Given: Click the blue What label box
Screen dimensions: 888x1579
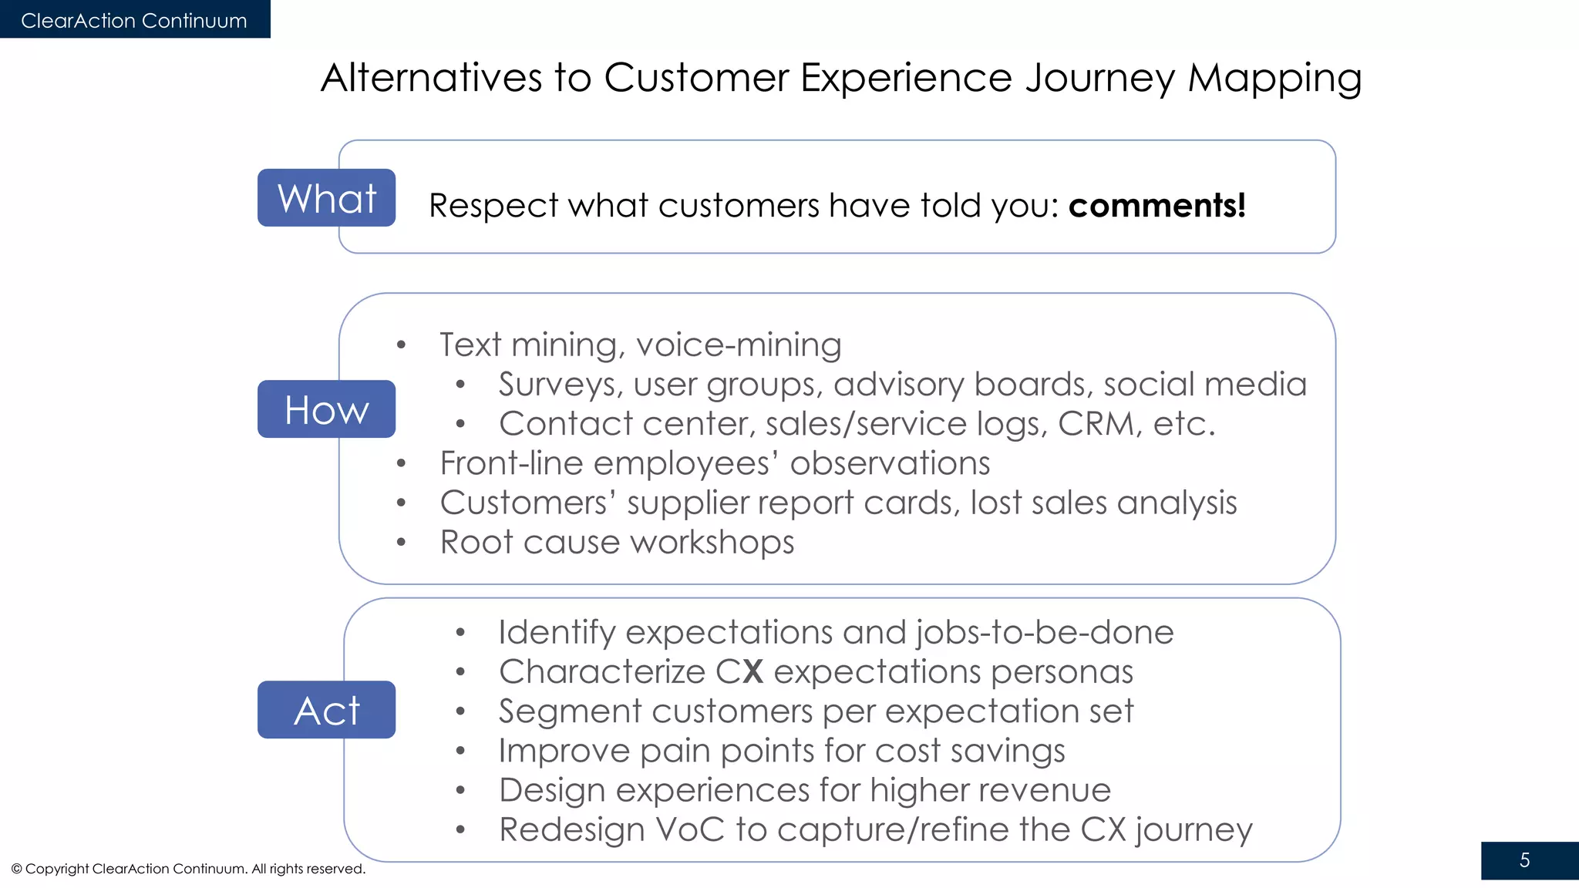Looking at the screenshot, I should click(x=326, y=198).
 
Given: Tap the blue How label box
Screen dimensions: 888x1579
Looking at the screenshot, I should click(x=326, y=409).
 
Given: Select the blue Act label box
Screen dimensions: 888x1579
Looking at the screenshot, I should click(x=326, y=710).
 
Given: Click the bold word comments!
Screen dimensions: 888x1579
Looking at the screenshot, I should click(x=1156, y=206).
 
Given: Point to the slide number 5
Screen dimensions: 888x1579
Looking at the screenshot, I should click(x=1524, y=860).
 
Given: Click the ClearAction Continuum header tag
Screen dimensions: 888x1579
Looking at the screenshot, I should click(x=134, y=20).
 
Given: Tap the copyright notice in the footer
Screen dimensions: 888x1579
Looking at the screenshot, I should click(x=188, y=869).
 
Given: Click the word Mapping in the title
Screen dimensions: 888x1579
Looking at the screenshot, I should click(x=1274, y=79).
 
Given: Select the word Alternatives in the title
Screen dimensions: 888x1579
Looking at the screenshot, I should click(x=432, y=78).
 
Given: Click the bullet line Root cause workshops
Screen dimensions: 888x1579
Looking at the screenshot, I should click(x=617, y=542).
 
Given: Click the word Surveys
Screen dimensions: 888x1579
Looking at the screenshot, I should click(x=560, y=385).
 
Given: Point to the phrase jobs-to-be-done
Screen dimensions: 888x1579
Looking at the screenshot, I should click(x=1045, y=633).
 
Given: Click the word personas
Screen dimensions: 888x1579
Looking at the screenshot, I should click(x=1062, y=672).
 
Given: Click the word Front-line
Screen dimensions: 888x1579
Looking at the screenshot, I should click(x=511, y=463).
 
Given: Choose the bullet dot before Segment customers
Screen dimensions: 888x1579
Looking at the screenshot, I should click(x=460, y=711).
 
